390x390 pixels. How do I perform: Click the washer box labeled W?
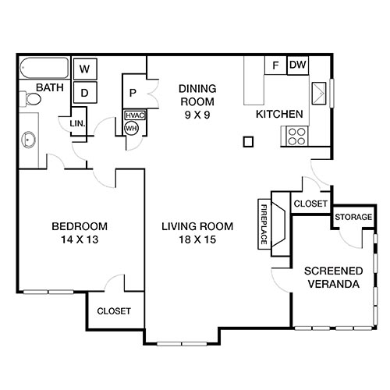pyautogui.click(x=85, y=69)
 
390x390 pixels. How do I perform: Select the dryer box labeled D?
pyautogui.click(x=85, y=91)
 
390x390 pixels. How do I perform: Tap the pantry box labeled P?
pyautogui.click(x=134, y=90)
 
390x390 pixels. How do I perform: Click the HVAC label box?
pyautogui.click(x=133, y=115)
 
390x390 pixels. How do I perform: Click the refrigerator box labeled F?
pyautogui.click(x=275, y=65)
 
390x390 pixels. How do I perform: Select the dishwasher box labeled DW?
pyautogui.click(x=297, y=65)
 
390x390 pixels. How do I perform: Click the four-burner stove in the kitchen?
pyautogui.click(x=297, y=137)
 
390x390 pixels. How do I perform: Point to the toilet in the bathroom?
pyautogui.click(x=31, y=99)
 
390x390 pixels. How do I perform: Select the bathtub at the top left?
pyautogui.click(x=43, y=67)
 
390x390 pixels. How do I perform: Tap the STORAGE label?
pyautogui.click(x=353, y=216)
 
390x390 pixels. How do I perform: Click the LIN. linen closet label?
pyautogui.click(x=77, y=124)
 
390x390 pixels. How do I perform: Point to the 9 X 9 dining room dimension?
pyautogui.click(x=197, y=113)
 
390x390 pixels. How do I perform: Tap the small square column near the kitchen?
pyautogui.click(x=248, y=142)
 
